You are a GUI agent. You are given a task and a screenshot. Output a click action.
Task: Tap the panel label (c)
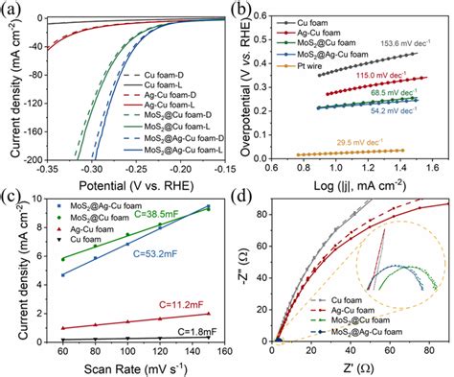[x=12, y=198]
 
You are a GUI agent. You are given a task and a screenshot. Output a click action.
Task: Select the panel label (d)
[x=247, y=198]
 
